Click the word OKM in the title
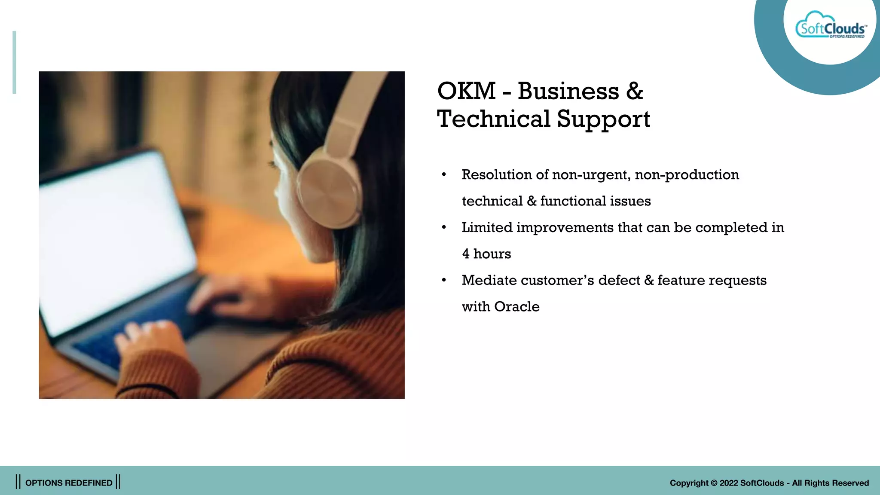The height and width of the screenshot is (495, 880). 466,91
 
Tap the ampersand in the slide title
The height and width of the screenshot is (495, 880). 634,91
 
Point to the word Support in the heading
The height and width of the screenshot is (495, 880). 603,120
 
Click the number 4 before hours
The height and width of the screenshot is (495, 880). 466,254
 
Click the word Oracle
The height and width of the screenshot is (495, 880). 516,307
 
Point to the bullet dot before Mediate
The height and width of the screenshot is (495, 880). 444,281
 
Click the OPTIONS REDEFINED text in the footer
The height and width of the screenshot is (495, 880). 69,483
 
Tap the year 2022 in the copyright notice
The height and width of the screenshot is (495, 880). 729,483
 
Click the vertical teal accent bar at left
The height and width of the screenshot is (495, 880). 14,62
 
